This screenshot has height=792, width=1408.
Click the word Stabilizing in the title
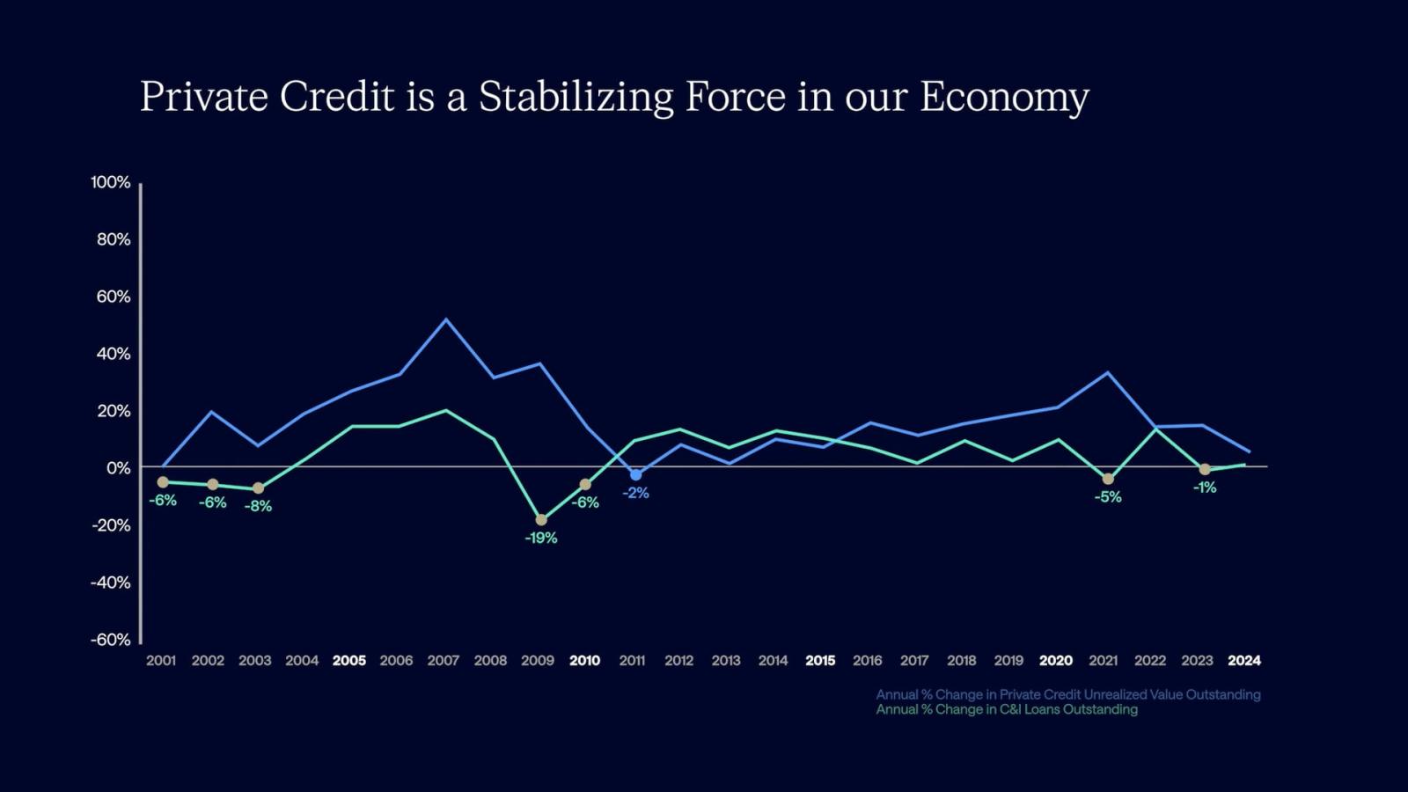coord(576,97)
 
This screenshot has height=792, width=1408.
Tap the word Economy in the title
coord(1004,97)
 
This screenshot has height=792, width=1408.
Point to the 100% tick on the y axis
coord(110,182)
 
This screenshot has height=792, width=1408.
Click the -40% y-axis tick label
coord(110,583)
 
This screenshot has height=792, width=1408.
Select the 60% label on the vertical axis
coord(113,297)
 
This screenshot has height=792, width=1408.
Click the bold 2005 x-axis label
coord(349,660)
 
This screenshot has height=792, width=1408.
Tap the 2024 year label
coord(1244,660)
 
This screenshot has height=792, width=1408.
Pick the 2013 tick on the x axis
coord(726,660)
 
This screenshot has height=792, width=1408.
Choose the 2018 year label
coord(962,660)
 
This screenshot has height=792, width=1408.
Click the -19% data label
coord(541,538)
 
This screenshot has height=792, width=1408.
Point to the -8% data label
coord(258,506)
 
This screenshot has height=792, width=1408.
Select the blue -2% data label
coord(635,493)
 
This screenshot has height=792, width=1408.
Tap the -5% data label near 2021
coord(1108,497)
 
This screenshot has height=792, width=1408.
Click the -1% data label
coord(1205,488)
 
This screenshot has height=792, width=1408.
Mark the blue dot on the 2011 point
coord(635,475)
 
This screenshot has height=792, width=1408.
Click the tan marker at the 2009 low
coord(541,520)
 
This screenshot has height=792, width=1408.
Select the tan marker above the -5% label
coord(1108,479)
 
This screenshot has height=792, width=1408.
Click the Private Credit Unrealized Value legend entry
coord(1067,694)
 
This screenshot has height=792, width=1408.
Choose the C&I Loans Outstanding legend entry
coord(1007,709)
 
